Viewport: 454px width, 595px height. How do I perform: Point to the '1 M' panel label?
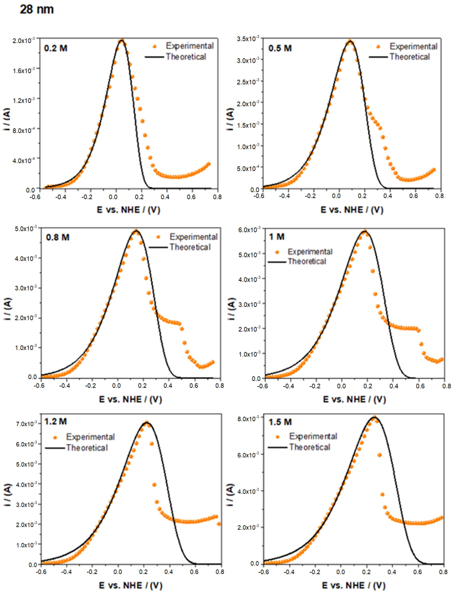pyautogui.click(x=277, y=237)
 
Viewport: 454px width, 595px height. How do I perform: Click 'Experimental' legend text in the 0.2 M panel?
pyautogui.click(x=190, y=46)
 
